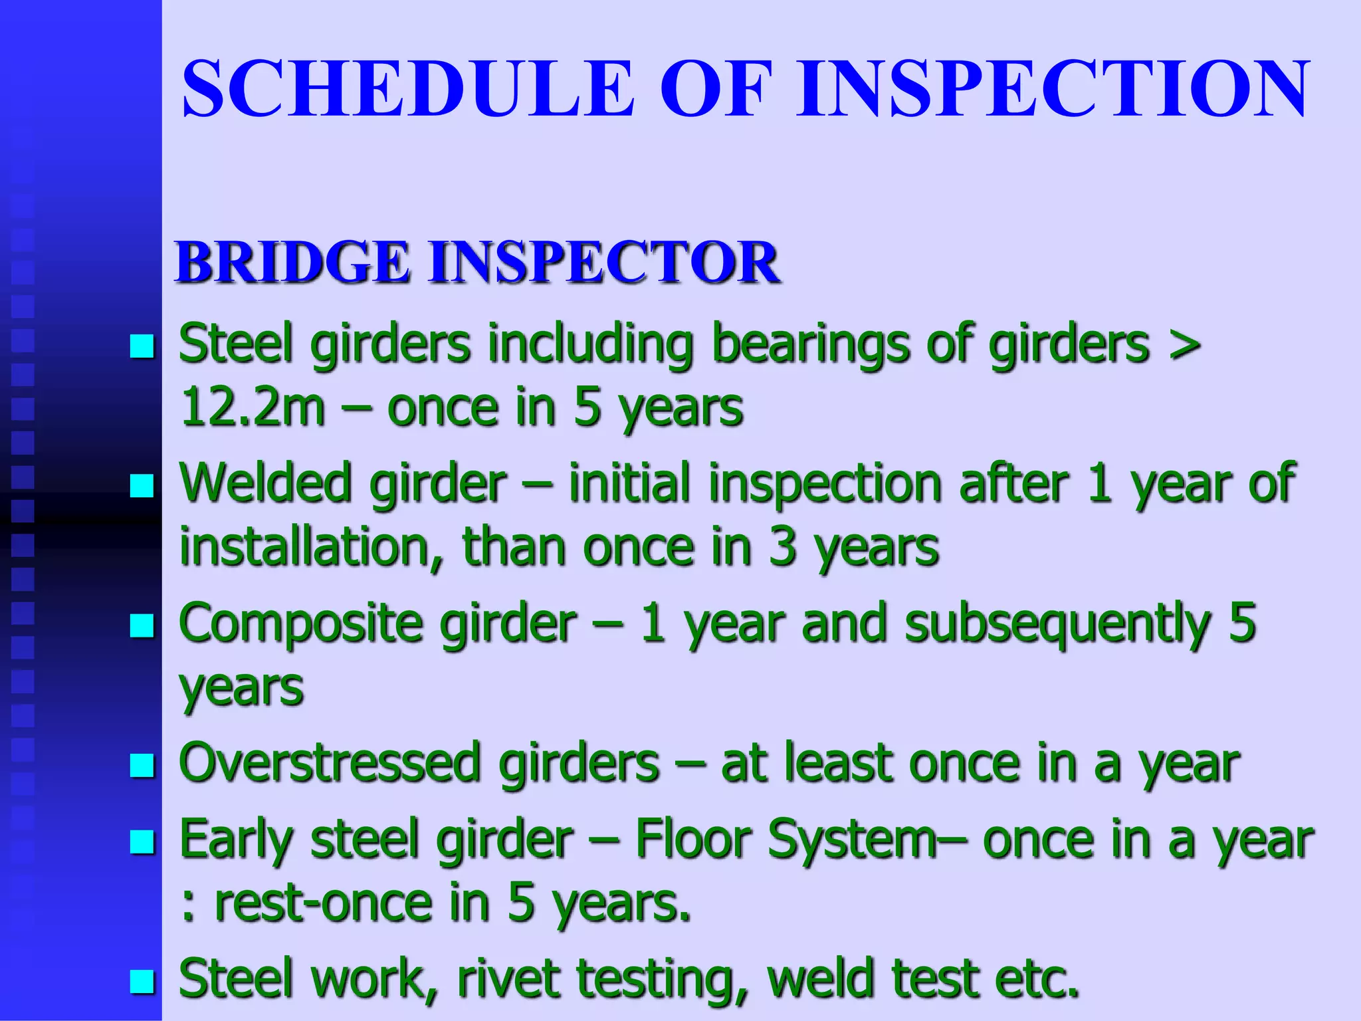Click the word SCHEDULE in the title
click(407, 90)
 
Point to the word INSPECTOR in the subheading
click(605, 263)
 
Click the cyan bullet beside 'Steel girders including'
click(142, 346)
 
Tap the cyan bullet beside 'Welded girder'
click(142, 486)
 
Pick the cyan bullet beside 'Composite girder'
click(142, 625)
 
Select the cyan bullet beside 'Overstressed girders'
click(142, 765)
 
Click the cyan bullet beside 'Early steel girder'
click(142, 842)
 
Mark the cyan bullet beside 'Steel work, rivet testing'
click(142, 981)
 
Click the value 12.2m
click(253, 407)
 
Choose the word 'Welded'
click(265, 483)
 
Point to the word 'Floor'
click(693, 840)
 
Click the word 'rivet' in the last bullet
click(508, 979)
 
